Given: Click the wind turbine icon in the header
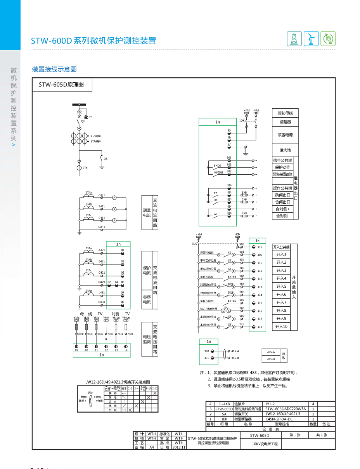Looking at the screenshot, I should coord(311,39).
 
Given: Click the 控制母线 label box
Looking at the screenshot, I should coord(285,113).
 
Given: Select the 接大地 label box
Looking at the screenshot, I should coord(285,150).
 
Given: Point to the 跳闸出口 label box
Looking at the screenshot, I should coord(283,195).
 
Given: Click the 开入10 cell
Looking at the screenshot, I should coord(281,327).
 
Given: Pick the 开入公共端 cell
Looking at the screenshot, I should coord(281,247).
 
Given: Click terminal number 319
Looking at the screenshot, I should coord(260,247).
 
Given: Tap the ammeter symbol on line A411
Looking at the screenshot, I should coord(114,198).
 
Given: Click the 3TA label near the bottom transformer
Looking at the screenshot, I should coord(85,168).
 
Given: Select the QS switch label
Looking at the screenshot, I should coord(106,159).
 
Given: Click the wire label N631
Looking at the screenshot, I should coord(130,334).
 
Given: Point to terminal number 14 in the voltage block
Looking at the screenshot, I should coord(126,350).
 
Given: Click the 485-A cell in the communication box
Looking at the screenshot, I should coord(271,352).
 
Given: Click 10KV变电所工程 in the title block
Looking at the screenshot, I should coord(265,443).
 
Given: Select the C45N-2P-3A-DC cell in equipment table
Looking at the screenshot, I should coord(279,419).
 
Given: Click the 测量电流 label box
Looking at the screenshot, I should coord(147,212).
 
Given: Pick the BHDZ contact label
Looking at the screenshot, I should coord(218,166).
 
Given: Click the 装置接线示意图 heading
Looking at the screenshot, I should coord(54,69).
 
